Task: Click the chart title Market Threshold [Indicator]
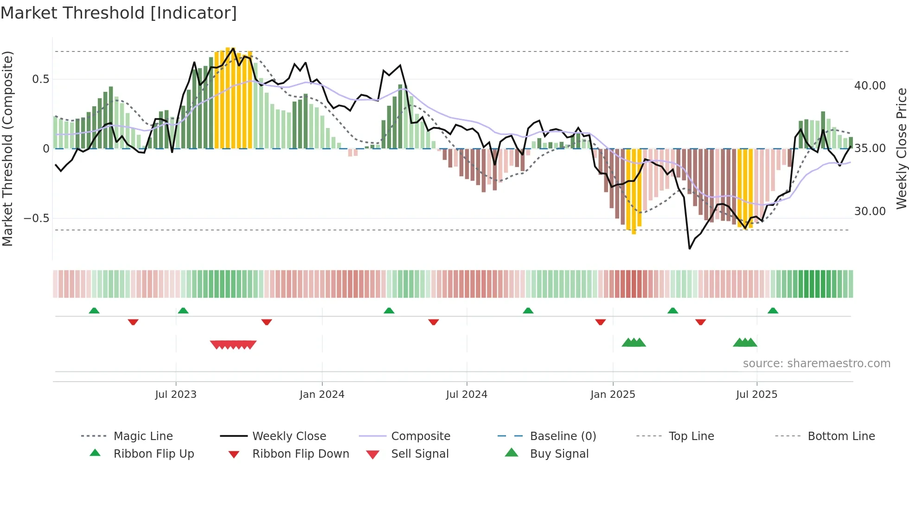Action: click(x=119, y=13)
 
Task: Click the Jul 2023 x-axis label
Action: click(x=176, y=395)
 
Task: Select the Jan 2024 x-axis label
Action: click(x=322, y=395)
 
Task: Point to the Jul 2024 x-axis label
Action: click(x=467, y=395)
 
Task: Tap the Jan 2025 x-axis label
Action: click(x=613, y=395)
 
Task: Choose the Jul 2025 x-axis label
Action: click(x=756, y=395)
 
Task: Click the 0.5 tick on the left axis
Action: click(x=40, y=79)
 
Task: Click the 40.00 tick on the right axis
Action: click(x=870, y=86)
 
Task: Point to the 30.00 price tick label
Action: click(x=870, y=211)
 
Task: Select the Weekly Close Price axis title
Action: click(x=901, y=148)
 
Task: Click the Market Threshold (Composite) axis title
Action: click(x=7, y=148)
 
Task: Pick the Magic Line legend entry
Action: click(x=143, y=436)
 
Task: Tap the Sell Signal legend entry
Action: click(x=420, y=454)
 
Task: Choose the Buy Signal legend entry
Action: click(x=559, y=454)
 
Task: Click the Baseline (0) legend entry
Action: click(x=563, y=436)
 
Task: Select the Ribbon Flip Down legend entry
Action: click(x=301, y=454)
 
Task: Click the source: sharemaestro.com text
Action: click(x=816, y=364)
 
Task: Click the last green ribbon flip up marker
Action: click(x=773, y=311)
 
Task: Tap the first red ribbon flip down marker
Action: click(x=133, y=322)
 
